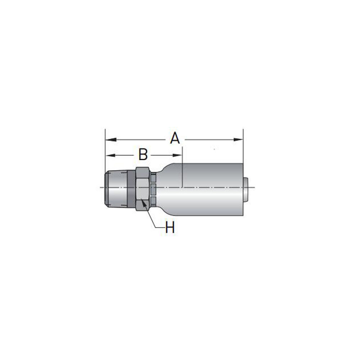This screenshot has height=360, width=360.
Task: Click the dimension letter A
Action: (175, 138)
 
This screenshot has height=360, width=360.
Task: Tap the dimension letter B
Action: (143, 154)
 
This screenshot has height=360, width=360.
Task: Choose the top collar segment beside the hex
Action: (154, 177)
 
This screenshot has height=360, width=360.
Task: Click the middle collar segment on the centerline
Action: (154, 188)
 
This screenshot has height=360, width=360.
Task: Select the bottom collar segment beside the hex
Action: (154, 200)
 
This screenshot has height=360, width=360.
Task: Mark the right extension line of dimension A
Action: (243, 151)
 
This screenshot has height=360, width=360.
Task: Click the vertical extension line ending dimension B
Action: (183, 169)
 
